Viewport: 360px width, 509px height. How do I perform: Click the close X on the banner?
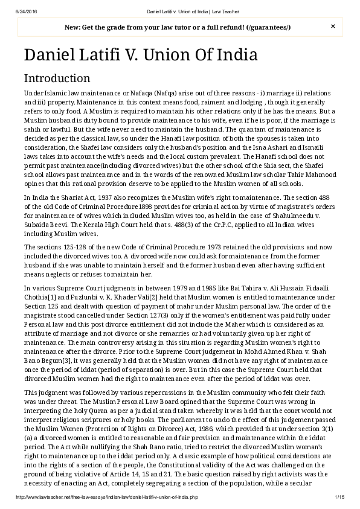[x=333, y=27]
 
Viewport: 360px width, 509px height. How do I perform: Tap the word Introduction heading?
[x=57, y=78]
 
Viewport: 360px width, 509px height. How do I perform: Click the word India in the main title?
[x=236, y=55]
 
